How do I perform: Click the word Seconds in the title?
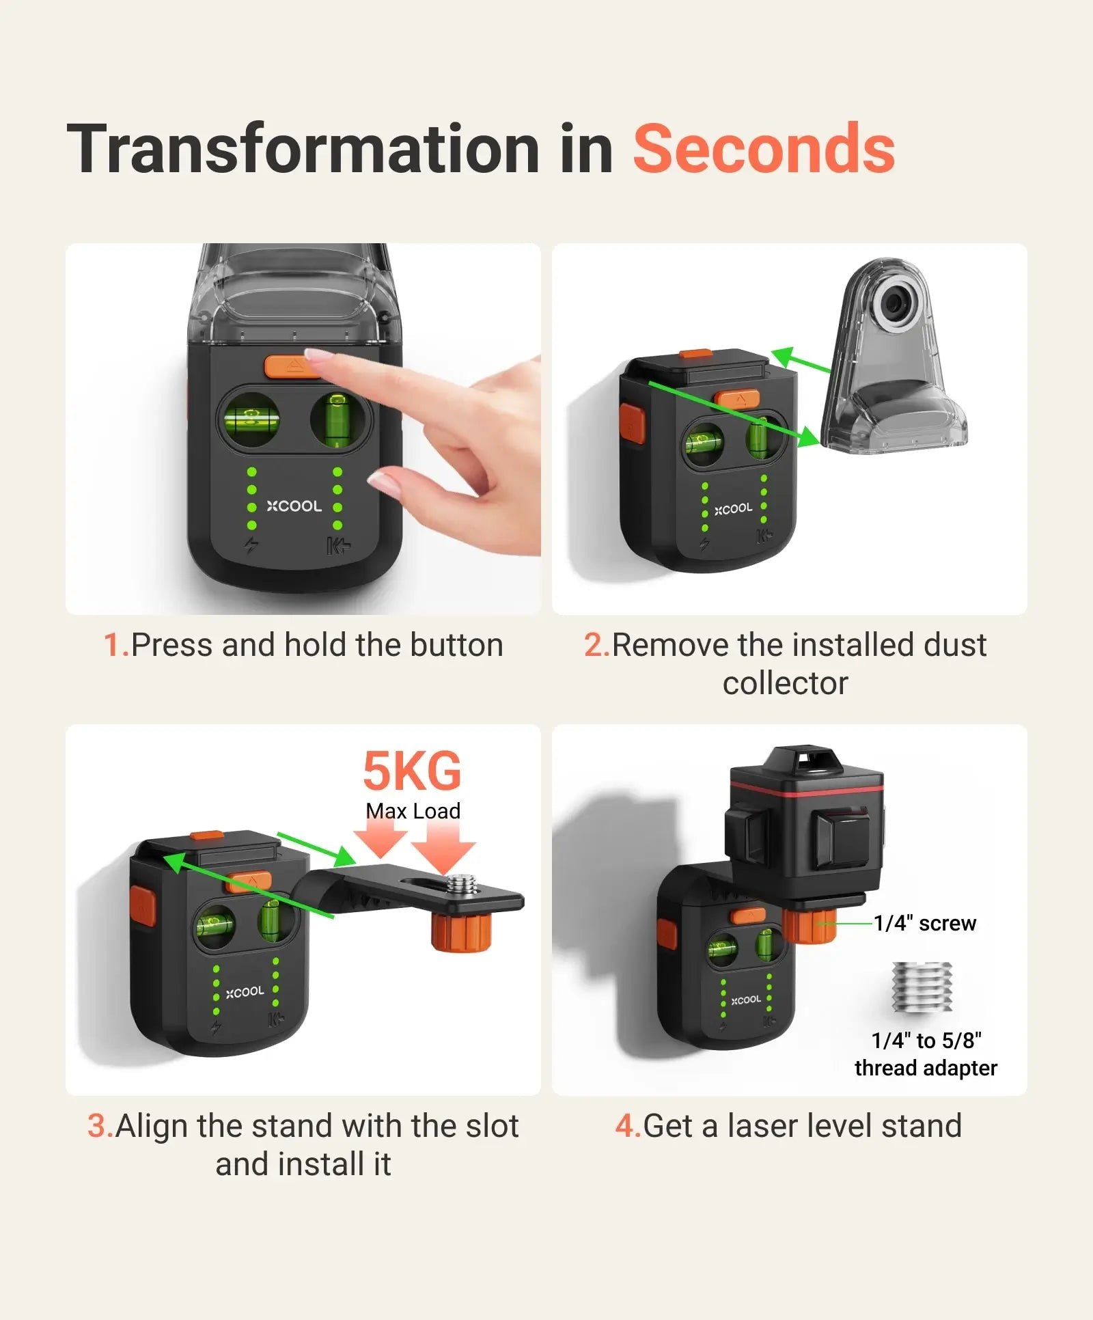[x=763, y=149]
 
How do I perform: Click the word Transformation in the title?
[x=304, y=149]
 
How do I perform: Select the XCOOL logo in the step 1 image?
[x=294, y=506]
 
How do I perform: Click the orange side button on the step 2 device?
[x=631, y=424]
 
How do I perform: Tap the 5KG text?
[x=412, y=771]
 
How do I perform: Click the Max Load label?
[x=413, y=811]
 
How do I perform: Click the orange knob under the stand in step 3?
[x=461, y=931]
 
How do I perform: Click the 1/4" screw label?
[x=925, y=924]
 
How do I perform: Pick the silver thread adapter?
[x=922, y=987]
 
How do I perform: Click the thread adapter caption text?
[x=926, y=1054]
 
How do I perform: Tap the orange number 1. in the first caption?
[x=115, y=645]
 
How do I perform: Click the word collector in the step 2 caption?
[x=786, y=683]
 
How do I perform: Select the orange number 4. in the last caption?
[x=627, y=1126]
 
